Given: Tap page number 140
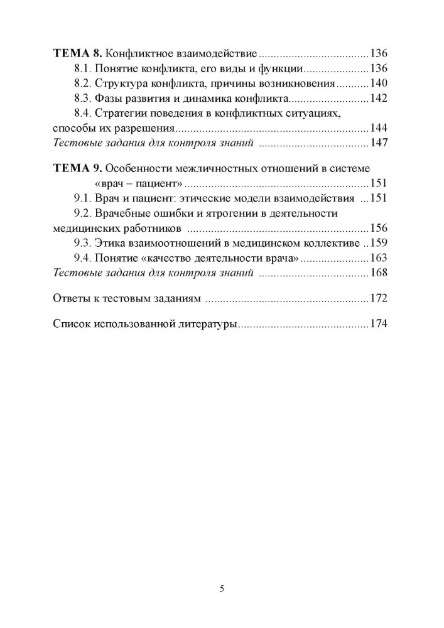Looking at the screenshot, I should (380, 83).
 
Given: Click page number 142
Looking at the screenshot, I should (380, 98).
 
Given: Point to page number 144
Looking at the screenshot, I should (380, 128).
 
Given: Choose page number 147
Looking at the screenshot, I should (380, 143).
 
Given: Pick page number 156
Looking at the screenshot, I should (380, 228).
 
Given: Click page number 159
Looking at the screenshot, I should (380, 243).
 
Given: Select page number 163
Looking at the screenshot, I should (380, 258).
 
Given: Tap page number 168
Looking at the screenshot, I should (380, 273).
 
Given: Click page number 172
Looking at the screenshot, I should (380, 298).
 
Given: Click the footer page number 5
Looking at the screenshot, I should (222, 588).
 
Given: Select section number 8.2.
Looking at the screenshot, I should (84, 83).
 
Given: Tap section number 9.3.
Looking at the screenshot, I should (84, 243).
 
